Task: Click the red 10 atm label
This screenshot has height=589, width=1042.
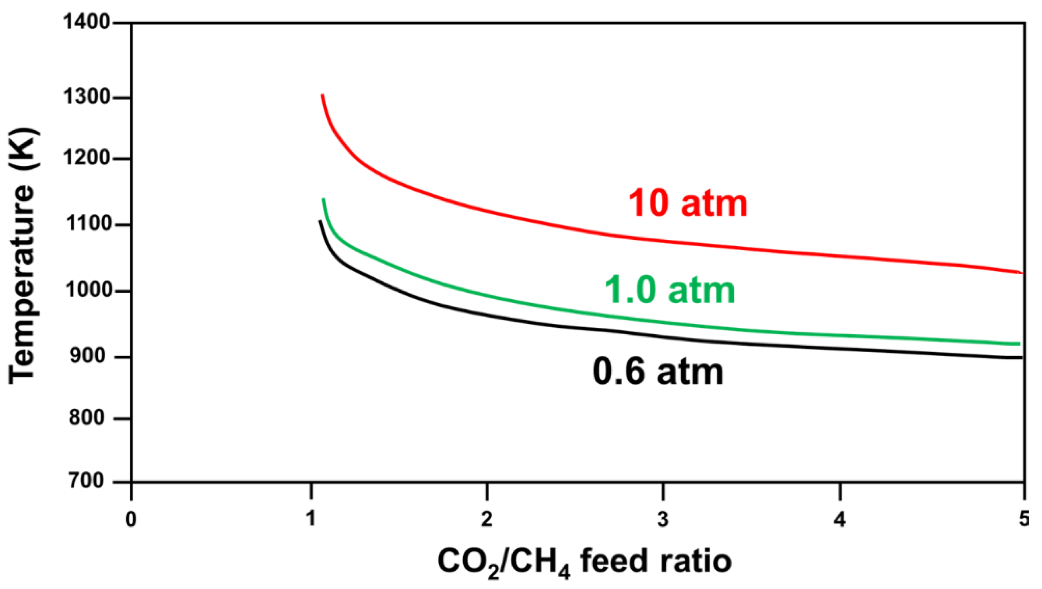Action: click(688, 203)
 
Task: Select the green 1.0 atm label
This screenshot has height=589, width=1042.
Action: click(669, 291)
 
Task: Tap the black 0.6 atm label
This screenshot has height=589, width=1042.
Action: click(658, 372)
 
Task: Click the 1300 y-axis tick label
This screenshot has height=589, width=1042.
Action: click(86, 97)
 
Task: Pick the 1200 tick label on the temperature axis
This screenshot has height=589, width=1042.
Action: click(86, 158)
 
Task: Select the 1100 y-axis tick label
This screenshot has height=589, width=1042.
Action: click(86, 224)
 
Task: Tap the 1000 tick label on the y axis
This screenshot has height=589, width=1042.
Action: click(86, 290)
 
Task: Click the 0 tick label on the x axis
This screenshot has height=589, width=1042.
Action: click(131, 519)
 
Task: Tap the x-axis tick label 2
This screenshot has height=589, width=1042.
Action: click(487, 519)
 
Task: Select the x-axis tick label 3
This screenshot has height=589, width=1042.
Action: click(663, 519)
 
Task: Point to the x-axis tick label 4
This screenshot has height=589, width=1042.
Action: click(840, 519)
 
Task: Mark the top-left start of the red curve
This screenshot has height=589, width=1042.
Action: click(322, 95)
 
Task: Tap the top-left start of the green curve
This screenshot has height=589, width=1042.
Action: click(323, 200)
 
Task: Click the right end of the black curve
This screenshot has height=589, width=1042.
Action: click(1021, 357)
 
